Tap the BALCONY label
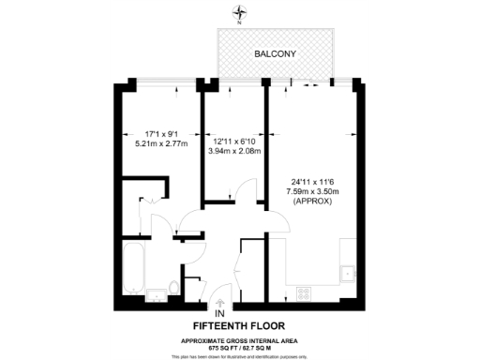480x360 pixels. pos(276,54)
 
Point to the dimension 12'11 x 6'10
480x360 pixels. pos(234,142)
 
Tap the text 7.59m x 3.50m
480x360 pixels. pos(308,191)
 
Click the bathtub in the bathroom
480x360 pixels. pos(132,266)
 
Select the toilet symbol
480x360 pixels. pos(174,287)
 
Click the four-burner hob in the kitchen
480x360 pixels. pos(305,292)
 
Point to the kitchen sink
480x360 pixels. pos(349,272)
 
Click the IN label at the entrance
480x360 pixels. pos(220,313)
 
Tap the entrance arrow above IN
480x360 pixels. pos(220,302)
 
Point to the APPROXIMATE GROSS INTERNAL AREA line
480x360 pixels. pos(239,339)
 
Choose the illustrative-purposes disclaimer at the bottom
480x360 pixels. pos(239,356)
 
